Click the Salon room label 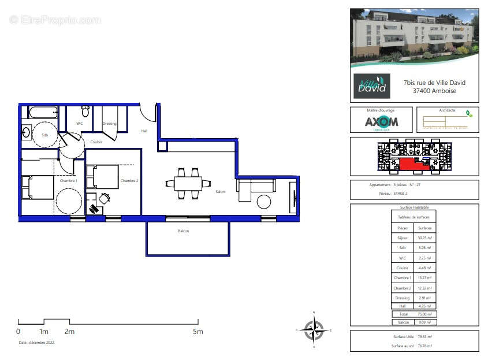click(x=220, y=192)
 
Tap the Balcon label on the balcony click(x=183, y=231)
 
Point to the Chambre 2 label click(x=128, y=181)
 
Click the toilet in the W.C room click(x=85, y=111)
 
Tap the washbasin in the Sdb click(x=26, y=132)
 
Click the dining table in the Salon click(x=188, y=184)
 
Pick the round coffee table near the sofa click(x=265, y=202)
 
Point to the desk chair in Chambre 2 click(x=104, y=198)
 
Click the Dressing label click(x=109, y=124)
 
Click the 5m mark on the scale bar click(x=198, y=332)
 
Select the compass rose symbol click(x=314, y=330)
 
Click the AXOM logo click(x=381, y=122)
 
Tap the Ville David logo click(x=371, y=86)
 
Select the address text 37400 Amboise click(x=434, y=91)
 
